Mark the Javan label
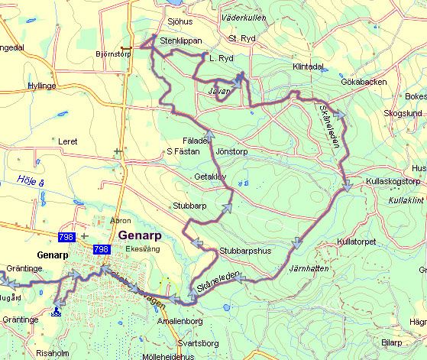pyautogui.click(x=218, y=89)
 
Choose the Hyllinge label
pyautogui.click(x=42, y=86)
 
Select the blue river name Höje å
pyautogui.click(x=27, y=180)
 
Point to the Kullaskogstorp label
pyautogui.click(x=393, y=183)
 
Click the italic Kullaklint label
pyautogui.click(x=404, y=199)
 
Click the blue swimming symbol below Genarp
pyautogui.click(x=57, y=311)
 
